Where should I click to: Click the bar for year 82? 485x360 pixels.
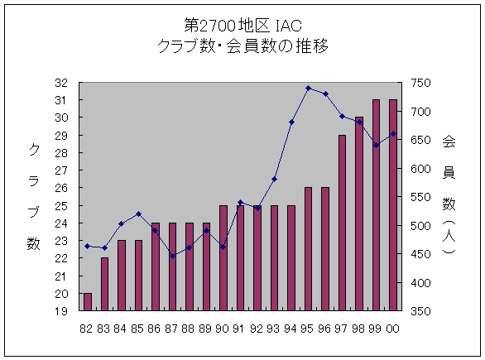[88, 302]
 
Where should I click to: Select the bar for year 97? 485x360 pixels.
[342, 223]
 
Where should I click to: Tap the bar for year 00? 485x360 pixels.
[393, 205]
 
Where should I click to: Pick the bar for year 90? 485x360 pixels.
[223, 258]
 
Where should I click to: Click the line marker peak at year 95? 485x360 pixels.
[308, 88]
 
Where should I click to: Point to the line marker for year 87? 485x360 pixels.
[172, 256]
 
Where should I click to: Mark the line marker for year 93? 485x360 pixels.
[274, 179]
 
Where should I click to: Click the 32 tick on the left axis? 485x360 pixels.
[61, 83]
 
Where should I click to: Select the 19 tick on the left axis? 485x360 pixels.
[61, 312]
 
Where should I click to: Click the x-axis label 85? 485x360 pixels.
[137, 328]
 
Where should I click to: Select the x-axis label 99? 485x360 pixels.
[376, 328]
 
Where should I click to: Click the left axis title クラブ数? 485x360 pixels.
[34, 196]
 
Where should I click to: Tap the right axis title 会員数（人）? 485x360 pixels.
[449, 199]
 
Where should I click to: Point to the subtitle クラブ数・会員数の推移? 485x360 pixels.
[242, 46]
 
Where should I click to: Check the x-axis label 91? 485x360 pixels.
[240, 328]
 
